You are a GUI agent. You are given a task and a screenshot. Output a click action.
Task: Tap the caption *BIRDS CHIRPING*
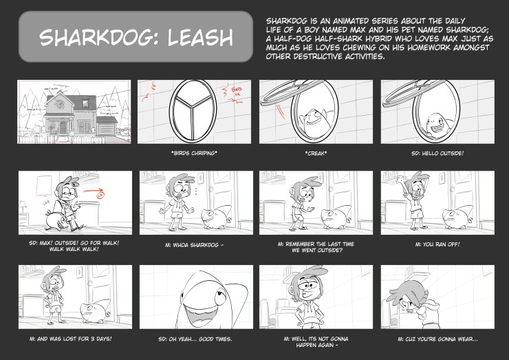(195, 152)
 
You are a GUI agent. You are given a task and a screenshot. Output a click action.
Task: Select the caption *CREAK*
(316, 152)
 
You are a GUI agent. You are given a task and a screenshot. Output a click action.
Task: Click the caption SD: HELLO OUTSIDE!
(437, 152)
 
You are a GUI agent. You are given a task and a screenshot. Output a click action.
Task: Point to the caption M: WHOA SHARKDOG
(195, 244)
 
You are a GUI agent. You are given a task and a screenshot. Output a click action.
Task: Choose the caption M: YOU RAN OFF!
(437, 244)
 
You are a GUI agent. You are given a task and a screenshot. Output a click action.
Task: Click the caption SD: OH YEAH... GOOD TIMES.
(195, 339)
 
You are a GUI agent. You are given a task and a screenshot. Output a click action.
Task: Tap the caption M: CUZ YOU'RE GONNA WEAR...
(437, 339)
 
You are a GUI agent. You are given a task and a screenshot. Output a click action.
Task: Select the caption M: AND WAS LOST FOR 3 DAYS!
(74, 339)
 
